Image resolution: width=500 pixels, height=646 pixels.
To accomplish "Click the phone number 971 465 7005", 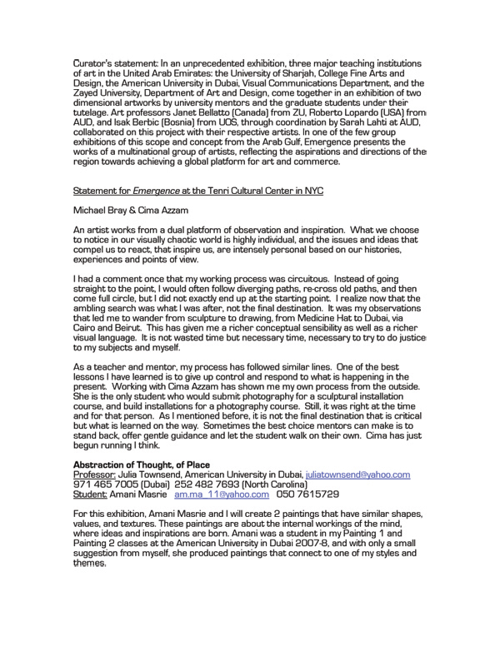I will [105, 484].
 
